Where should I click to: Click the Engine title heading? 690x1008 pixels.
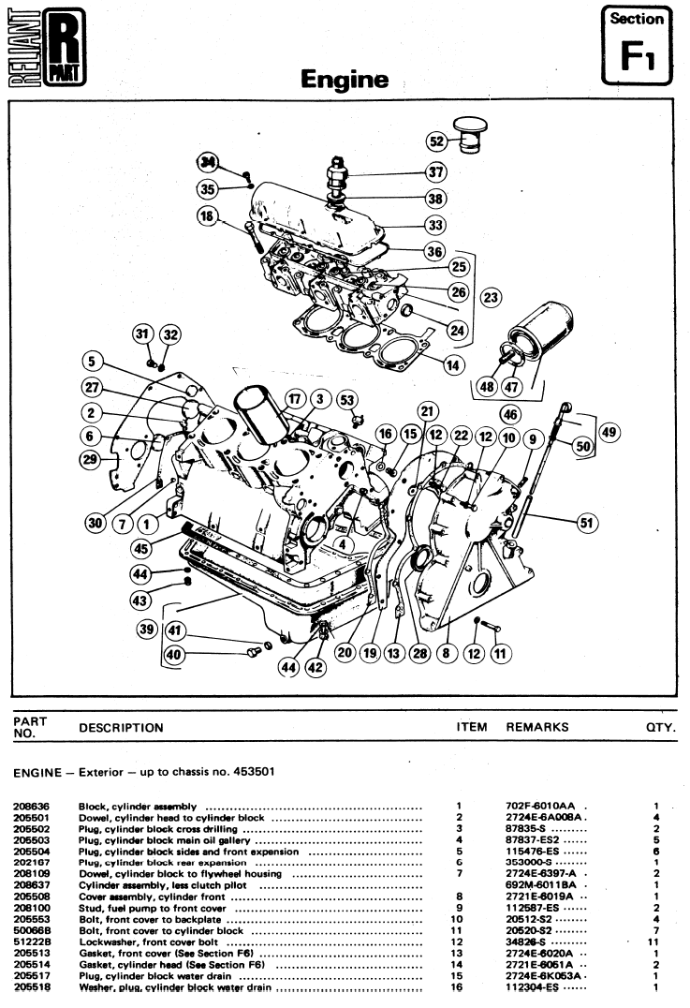point(345,81)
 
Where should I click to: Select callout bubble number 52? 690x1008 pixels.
point(436,141)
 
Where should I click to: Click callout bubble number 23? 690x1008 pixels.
point(489,297)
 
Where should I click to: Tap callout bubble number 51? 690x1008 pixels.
point(587,524)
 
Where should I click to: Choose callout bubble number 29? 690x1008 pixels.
point(90,458)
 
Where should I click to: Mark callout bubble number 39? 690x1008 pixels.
point(146,630)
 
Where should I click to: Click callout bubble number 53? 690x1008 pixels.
point(348,401)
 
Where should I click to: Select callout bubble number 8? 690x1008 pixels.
point(445,654)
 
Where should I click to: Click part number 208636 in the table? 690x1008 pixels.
point(32,806)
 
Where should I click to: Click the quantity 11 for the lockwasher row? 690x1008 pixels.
point(655,942)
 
